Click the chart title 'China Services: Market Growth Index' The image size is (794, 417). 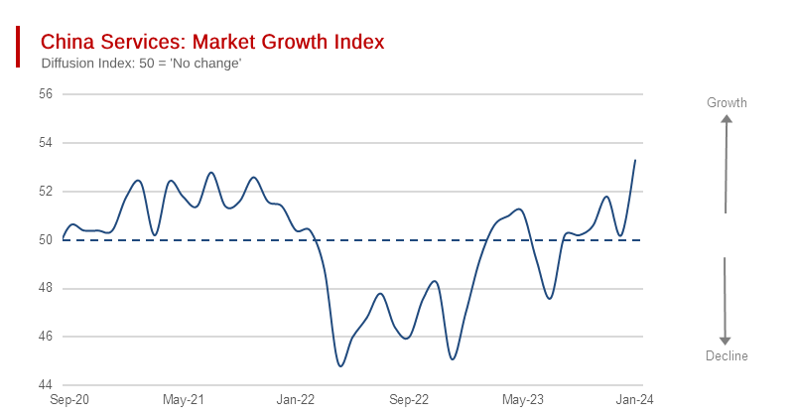click(211, 43)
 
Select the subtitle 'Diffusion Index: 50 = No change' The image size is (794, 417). click(141, 64)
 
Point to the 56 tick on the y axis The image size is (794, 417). click(46, 94)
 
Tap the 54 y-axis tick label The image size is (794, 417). click(46, 143)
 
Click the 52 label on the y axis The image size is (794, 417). click(46, 192)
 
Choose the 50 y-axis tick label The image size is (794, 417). click(46, 239)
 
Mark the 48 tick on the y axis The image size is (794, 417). click(46, 288)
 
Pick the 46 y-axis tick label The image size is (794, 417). click(46, 337)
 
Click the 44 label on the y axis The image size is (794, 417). click(46, 385)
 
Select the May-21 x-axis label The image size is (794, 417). click(184, 400)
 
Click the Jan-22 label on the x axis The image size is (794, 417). click(296, 400)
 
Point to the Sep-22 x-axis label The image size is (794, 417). click(409, 400)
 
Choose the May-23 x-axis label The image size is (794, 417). click(523, 400)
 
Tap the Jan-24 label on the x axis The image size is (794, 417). click(635, 400)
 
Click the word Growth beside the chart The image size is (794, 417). click(727, 103)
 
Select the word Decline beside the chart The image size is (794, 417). click(727, 355)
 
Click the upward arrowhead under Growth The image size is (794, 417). click(727, 120)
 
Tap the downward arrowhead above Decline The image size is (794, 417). click(727, 339)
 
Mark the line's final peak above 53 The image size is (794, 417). click(635, 160)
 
